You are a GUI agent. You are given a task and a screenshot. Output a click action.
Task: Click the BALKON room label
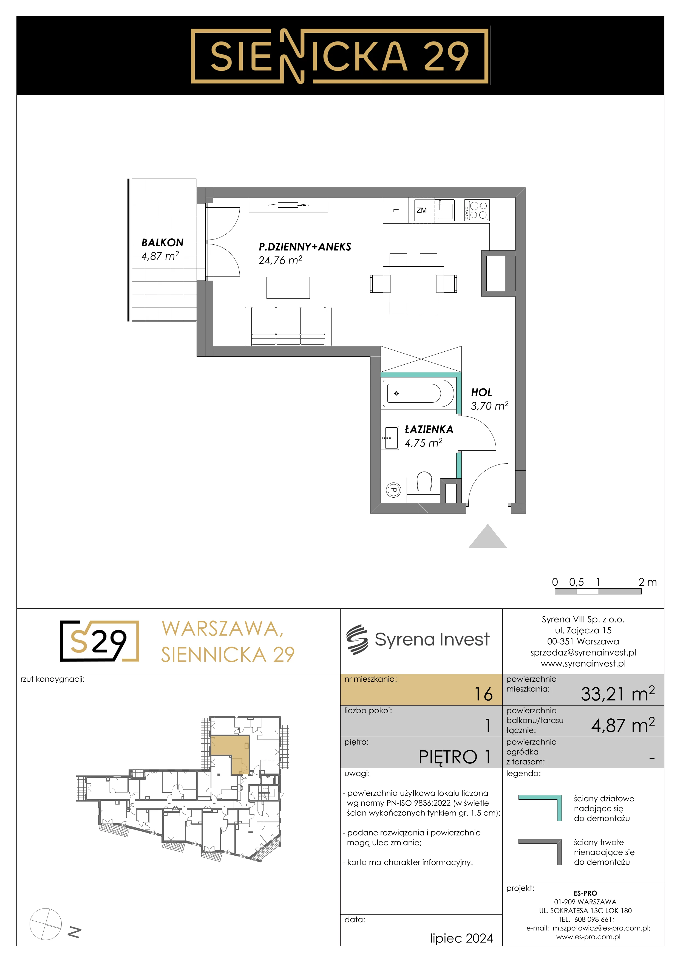coord(163,242)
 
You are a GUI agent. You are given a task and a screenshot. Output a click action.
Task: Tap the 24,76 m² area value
coord(280,260)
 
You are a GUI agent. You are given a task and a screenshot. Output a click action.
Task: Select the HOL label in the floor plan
coord(481,393)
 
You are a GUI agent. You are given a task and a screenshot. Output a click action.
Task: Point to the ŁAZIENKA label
coord(429,430)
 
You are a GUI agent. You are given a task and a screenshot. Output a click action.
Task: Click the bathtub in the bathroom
coord(418,393)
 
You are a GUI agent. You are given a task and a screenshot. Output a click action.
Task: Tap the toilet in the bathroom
coord(424,483)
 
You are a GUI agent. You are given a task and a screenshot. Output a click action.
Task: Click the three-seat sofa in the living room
coord(288,326)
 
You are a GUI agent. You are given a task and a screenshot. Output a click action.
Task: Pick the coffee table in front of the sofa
coord(288,287)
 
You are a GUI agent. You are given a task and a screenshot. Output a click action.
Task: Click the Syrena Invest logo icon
coord(357,639)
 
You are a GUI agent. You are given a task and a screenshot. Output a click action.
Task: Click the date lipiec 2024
coord(461,938)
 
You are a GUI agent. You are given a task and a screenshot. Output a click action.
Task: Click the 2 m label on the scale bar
coord(647,582)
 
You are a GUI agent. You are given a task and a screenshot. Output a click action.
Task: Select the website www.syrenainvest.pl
coord(583,663)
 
